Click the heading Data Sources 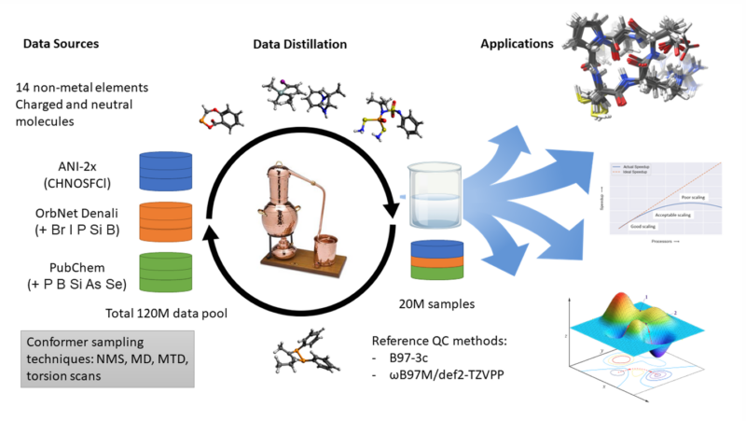coord(62,44)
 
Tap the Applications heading coord(516,44)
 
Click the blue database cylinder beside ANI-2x coord(167,170)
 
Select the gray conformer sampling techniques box coord(106,357)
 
